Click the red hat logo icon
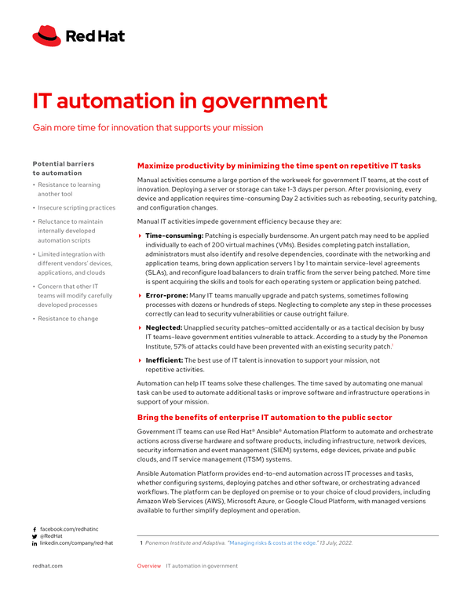tap(46, 35)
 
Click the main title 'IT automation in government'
tap(180, 101)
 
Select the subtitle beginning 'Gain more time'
tap(148, 127)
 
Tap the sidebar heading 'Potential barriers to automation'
tap(63, 168)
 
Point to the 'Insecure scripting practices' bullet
tap(77, 208)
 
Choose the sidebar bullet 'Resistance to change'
tap(68, 319)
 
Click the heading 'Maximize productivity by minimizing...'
tap(279, 166)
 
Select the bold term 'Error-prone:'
tap(166, 295)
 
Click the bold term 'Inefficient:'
tap(164, 360)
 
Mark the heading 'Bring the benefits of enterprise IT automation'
tap(264, 417)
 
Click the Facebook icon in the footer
tap(35, 530)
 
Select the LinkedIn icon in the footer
tap(35, 543)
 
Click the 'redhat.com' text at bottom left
tap(47, 565)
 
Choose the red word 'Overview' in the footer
tap(149, 565)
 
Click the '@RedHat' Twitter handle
tap(53, 536)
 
